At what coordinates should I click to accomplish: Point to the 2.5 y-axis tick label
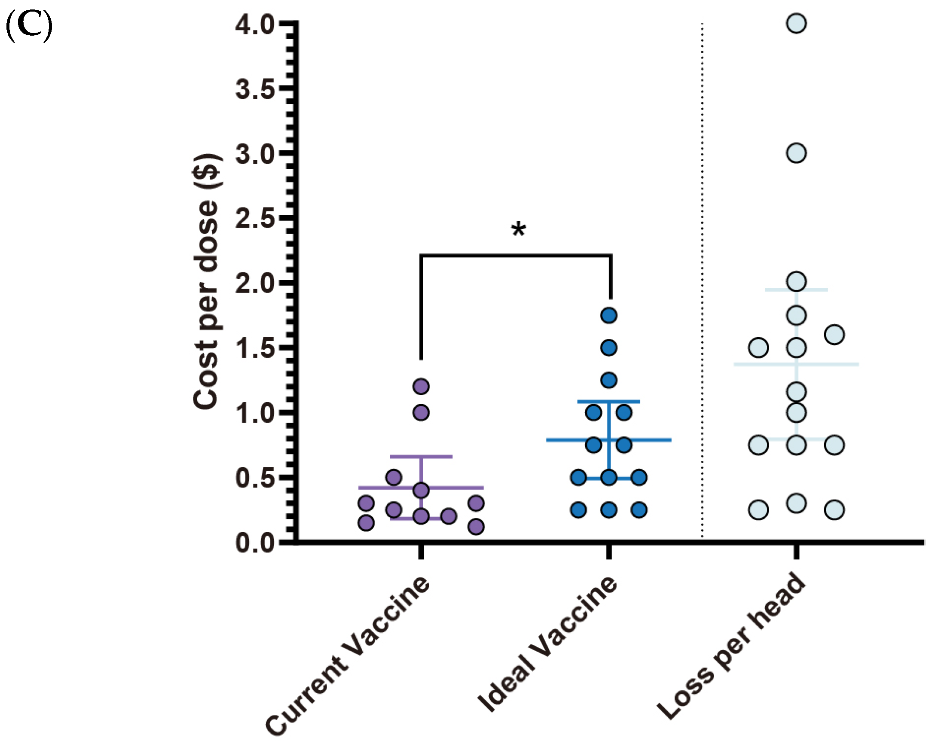click(x=254, y=219)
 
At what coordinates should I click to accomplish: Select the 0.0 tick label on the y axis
click(x=254, y=543)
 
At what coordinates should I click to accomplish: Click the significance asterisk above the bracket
click(x=519, y=230)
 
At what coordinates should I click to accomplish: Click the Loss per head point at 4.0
click(x=796, y=23)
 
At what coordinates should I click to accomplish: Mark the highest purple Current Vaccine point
click(x=421, y=386)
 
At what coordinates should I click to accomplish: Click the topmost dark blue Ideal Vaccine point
click(x=609, y=315)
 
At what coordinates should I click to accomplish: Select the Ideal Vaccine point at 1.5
click(x=609, y=348)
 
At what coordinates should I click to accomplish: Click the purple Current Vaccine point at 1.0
click(x=421, y=412)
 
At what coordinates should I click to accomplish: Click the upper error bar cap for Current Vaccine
click(x=421, y=457)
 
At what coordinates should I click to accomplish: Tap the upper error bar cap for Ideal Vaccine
click(x=609, y=402)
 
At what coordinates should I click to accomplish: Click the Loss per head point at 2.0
click(x=796, y=281)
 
